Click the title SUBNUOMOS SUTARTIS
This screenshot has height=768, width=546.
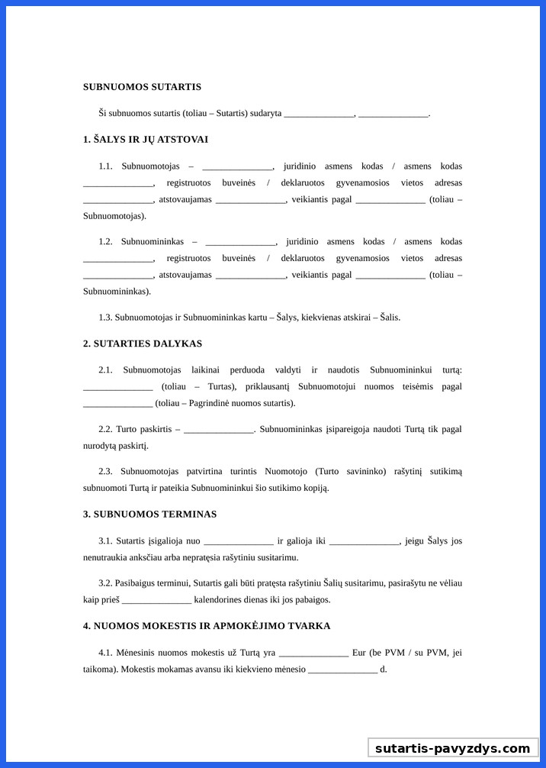(x=142, y=87)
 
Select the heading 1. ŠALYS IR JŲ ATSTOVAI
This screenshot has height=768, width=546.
(x=145, y=140)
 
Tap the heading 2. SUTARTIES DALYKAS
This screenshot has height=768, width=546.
(x=142, y=344)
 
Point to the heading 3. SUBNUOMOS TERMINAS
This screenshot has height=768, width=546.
(x=149, y=514)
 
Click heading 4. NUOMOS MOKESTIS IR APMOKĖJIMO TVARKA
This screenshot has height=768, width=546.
(x=207, y=625)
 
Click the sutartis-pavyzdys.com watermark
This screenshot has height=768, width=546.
(x=452, y=748)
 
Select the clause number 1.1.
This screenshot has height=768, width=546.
(x=105, y=166)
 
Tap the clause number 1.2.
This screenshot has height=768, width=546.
(x=105, y=241)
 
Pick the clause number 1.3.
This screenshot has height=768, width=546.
(x=105, y=317)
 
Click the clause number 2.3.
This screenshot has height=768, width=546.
(x=105, y=471)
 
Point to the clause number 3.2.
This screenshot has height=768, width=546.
(x=105, y=582)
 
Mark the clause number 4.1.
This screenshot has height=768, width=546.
(x=105, y=653)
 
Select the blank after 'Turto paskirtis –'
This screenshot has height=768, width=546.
(x=219, y=430)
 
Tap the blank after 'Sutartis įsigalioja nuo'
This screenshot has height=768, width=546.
(x=239, y=542)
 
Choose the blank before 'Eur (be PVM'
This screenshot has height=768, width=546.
(x=313, y=653)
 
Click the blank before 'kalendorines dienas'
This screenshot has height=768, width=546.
(x=156, y=600)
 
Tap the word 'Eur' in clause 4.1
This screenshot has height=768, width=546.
(x=359, y=653)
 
